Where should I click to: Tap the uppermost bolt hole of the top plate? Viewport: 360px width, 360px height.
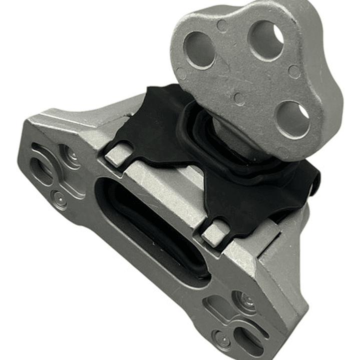click(x=265, y=39)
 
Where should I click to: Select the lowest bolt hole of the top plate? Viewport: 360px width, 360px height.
click(x=293, y=119)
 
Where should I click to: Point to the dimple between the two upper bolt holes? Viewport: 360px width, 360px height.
click(x=222, y=25)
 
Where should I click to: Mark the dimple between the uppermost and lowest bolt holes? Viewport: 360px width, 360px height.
click(x=294, y=72)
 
